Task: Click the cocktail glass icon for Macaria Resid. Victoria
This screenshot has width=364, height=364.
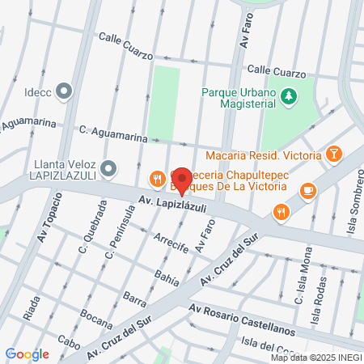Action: click(x=333, y=153)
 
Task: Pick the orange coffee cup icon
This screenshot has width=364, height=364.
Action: click(x=307, y=190)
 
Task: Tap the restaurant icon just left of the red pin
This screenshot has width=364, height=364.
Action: click(x=157, y=178)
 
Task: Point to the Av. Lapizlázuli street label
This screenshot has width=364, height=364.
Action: click(x=172, y=203)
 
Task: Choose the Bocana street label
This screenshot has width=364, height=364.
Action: click(x=96, y=321)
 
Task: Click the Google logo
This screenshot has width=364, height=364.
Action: click(x=27, y=353)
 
